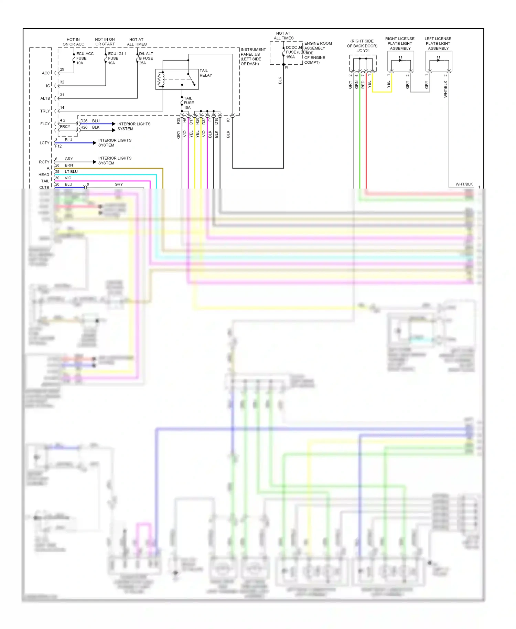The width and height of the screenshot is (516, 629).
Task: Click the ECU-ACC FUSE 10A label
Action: point(84,58)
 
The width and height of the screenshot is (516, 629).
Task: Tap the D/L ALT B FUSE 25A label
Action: point(146,58)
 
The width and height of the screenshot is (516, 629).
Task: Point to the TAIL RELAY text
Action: point(205,73)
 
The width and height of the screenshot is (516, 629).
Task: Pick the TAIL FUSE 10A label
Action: point(189,103)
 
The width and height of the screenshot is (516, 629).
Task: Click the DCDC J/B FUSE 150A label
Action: point(294,52)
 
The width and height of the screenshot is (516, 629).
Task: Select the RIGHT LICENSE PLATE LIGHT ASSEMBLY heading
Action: point(400,43)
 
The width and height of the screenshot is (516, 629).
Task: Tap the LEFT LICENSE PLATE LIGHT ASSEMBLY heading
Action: point(438,43)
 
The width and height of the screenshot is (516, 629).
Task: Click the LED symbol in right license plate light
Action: point(400,60)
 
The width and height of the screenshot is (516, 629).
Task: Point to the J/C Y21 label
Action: point(363,51)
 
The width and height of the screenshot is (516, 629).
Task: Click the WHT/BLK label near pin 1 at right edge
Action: point(464,184)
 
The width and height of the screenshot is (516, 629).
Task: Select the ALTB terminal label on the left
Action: point(45,98)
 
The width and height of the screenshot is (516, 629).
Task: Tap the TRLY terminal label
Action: point(45,111)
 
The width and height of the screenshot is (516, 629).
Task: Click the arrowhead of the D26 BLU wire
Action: point(114,124)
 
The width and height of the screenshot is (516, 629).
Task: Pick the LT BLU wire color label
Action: point(71,171)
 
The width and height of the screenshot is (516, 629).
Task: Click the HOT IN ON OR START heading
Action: point(105,42)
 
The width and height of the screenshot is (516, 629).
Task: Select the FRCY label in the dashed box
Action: point(65,127)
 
